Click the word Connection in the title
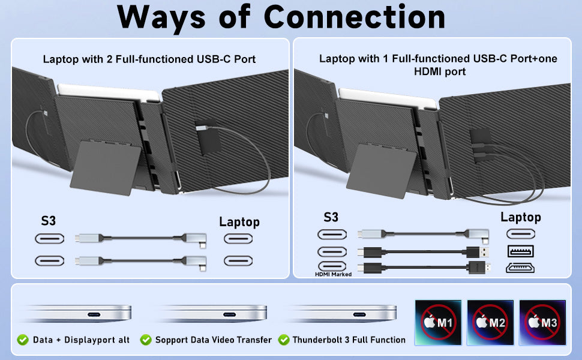click(x=355, y=17)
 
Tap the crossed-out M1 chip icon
click(x=437, y=322)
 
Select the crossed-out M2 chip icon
click(x=490, y=322)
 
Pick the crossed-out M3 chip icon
click(x=542, y=322)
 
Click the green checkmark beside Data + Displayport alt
click(x=23, y=340)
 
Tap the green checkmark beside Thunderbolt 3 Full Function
click(x=283, y=340)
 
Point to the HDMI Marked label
click(x=334, y=274)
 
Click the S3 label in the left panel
click(x=49, y=221)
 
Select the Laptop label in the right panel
click(x=520, y=217)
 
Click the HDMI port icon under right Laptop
click(x=520, y=268)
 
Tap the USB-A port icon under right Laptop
click(x=520, y=251)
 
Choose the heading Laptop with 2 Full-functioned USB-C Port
click(x=149, y=59)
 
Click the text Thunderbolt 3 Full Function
click(x=349, y=340)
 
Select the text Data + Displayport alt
click(x=82, y=340)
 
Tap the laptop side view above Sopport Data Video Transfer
click(x=211, y=313)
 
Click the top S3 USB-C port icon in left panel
click(x=49, y=239)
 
